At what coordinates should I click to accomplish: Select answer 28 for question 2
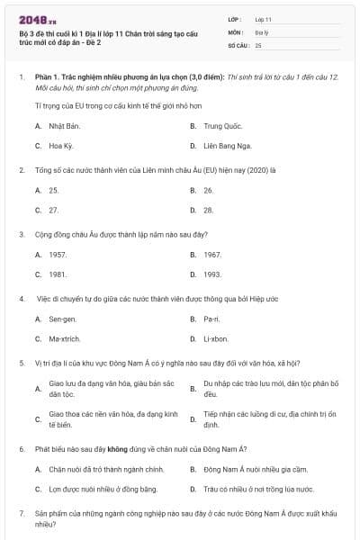(x=208, y=210)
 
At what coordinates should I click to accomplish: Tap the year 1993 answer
(x=212, y=274)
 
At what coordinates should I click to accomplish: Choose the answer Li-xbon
(x=216, y=339)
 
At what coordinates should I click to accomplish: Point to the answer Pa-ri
(x=211, y=319)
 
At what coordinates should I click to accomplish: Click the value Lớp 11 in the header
(x=263, y=19)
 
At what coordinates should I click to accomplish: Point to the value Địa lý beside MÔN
(x=262, y=31)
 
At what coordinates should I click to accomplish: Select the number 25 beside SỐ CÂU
(x=258, y=45)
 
